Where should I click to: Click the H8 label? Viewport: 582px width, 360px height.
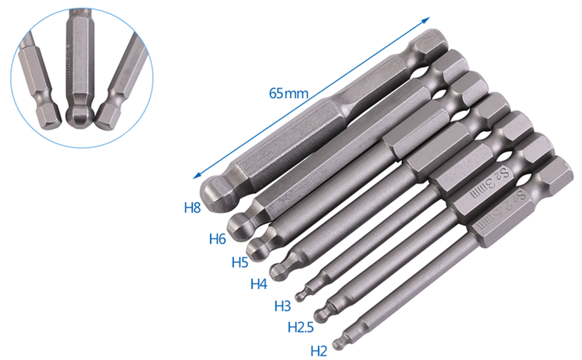pyautogui.click(x=192, y=209)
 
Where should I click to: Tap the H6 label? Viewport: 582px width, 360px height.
pyautogui.click(x=217, y=239)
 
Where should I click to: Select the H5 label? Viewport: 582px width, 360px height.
pyautogui.click(x=240, y=262)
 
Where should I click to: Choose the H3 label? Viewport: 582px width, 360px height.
pyautogui.click(x=283, y=306)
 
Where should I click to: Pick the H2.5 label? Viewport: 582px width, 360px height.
pyautogui.click(x=301, y=328)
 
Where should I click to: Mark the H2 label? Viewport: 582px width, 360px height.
pyautogui.click(x=319, y=350)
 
